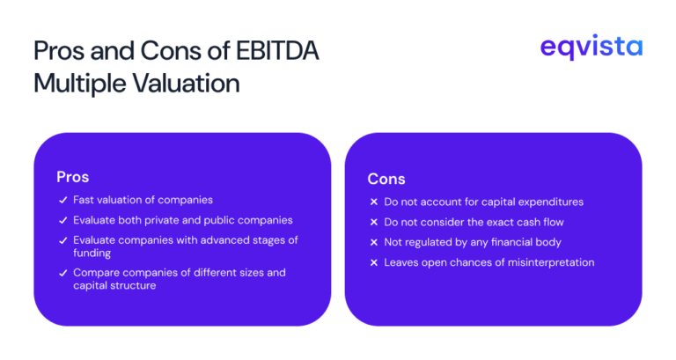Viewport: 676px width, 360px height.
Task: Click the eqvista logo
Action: [x=591, y=48]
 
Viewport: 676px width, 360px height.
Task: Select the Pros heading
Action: [x=73, y=177]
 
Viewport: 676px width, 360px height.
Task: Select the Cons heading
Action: [x=386, y=179]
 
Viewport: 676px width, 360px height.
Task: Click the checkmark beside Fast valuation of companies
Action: [x=62, y=200]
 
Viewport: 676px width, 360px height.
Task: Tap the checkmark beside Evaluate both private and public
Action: [x=62, y=220]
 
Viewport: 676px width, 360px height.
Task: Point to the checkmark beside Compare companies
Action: [x=62, y=273]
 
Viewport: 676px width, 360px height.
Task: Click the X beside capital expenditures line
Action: [x=374, y=202]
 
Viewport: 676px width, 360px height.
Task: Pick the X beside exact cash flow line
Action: [x=374, y=222]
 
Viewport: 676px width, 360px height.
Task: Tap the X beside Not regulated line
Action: [x=374, y=242]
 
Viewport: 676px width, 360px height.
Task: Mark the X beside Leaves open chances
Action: [x=374, y=262]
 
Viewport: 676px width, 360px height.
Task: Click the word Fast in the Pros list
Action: [x=84, y=200]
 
